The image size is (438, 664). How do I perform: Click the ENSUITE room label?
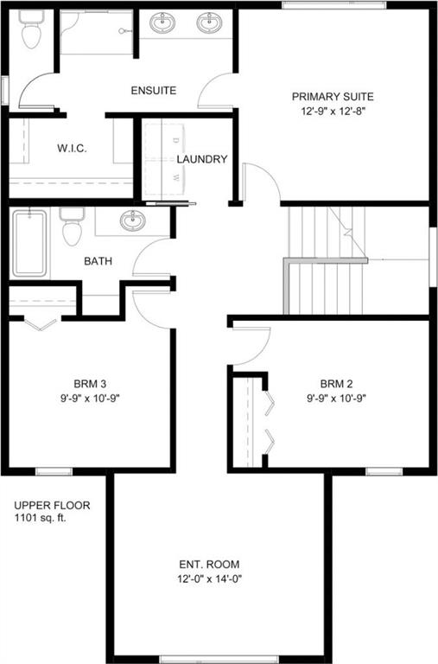pos(153,91)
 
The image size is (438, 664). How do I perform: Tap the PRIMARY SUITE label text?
pos(333,97)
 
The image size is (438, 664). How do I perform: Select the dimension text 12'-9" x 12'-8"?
pos(333,112)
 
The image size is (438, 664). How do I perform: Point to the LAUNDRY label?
pos(202,159)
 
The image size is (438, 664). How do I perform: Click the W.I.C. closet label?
pos(72,149)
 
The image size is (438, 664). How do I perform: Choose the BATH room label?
pos(98,261)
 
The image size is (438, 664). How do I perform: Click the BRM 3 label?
pos(90,384)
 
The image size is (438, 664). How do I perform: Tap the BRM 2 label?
pos(336,384)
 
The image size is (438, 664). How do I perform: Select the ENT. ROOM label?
pos(209,565)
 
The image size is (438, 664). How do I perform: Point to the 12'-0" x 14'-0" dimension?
pos(209,579)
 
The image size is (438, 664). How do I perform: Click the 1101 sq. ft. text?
pos(41,518)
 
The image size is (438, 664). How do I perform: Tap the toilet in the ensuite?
pos(31,29)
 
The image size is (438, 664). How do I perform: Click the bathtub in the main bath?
pos(29,244)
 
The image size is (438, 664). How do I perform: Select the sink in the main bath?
pos(132,220)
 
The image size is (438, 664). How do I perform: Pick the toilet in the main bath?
pos(72,227)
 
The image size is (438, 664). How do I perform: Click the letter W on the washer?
pos(177,177)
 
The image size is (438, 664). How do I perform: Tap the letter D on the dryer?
pos(177,139)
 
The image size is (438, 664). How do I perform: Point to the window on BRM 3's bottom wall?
pos(54,471)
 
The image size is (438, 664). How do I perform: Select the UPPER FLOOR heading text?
pos(52,505)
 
